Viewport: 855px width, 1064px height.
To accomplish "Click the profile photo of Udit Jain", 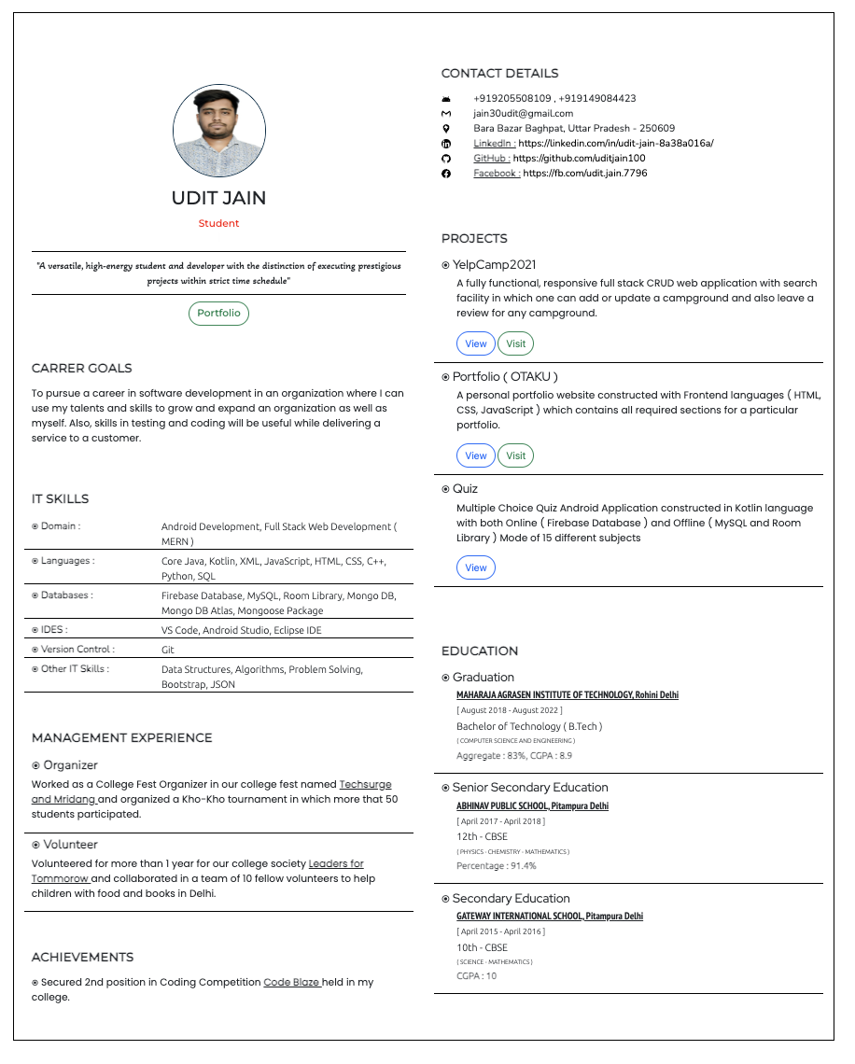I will point(219,132).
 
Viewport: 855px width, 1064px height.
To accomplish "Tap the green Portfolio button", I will point(218,314).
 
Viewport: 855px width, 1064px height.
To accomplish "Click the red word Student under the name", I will point(218,224).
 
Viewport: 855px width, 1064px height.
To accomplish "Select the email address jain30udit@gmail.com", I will point(523,114).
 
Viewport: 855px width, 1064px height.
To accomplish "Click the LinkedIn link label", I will point(494,144).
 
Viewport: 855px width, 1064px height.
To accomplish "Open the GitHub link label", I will point(491,159).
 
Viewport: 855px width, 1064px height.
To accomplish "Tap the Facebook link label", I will point(496,174).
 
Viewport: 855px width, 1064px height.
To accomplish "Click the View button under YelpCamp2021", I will point(476,343).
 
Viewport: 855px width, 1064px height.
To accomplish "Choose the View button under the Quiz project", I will point(476,567).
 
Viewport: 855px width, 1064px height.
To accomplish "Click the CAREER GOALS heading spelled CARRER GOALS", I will point(82,369).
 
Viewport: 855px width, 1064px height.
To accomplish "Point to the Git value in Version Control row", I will point(168,650).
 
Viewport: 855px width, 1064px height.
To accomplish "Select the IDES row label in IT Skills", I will point(54,630).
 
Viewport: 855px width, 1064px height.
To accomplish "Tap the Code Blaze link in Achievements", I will point(292,983).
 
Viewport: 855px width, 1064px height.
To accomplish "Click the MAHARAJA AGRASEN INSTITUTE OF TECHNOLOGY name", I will point(567,695).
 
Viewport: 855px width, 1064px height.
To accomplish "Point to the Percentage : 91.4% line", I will point(496,866).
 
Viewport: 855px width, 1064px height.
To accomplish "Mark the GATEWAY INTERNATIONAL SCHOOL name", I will point(549,917).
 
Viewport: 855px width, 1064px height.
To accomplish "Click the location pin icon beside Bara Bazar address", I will point(446,129).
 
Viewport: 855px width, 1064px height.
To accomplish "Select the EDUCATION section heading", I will point(479,651).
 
